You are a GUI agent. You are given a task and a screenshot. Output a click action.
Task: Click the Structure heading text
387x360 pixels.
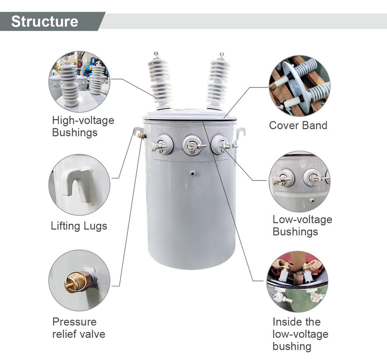[x=44, y=21]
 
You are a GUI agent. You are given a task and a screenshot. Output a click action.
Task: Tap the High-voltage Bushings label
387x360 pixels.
[x=83, y=126]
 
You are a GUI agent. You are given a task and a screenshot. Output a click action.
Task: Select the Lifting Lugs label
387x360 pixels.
[x=79, y=226]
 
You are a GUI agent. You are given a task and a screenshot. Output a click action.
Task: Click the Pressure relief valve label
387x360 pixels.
[x=79, y=328]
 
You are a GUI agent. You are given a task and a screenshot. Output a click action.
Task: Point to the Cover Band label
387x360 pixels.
[x=298, y=125]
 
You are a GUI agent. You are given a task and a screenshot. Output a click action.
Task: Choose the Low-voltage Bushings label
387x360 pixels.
[x=302, y=226]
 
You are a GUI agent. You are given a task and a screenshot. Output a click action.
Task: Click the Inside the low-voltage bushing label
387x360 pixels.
[x=300, y=334]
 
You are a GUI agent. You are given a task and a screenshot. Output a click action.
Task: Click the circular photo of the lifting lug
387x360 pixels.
[x=79, y=185]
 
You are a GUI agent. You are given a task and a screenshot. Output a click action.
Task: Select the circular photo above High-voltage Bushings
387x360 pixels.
[x=79, y=82]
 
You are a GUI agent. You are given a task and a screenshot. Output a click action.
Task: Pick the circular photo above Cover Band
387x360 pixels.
[x=299, y=86]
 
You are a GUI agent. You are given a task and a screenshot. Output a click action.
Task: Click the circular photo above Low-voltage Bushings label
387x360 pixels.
[x=299, y=181]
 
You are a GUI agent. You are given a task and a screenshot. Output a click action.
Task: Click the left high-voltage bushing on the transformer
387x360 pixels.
[x=160, y=83]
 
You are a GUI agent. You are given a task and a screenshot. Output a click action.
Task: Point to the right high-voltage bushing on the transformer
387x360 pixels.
[x=218, y=83]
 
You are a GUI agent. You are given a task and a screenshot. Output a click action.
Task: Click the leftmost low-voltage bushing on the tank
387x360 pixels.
[x=163, y=145]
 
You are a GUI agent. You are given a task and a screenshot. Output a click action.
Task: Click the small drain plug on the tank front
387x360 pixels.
[x=193, y=173]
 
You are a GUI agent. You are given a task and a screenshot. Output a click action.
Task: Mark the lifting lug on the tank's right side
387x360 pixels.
[x=241, y=132]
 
